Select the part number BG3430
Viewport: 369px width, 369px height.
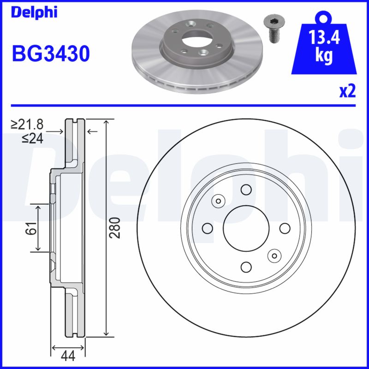(50, 54)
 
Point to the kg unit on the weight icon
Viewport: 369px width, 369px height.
(324, 55)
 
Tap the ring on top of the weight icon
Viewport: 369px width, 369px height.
(325, 18)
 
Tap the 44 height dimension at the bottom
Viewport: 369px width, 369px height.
(68, 357)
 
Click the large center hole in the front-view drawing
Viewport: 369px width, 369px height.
(246, 228)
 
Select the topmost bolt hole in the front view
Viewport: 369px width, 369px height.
(246, 190)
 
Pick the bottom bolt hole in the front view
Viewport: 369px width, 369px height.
(246, 266)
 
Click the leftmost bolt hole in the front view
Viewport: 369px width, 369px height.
(208, 228)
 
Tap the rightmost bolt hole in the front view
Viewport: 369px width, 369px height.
(284, 228)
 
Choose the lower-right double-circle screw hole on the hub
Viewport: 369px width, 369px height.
(274, 255)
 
